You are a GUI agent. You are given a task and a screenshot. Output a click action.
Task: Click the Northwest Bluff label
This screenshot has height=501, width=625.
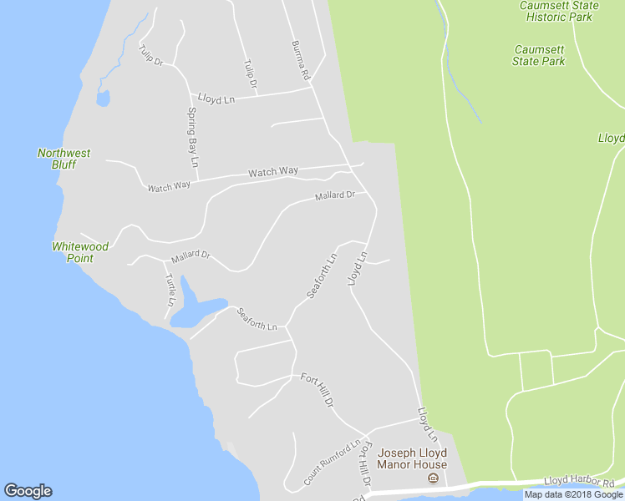click(x=64, y=159)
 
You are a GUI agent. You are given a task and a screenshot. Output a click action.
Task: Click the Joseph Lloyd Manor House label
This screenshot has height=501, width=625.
click(x=412, y=458)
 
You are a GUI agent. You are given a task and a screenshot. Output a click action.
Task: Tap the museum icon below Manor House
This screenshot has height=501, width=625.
click(x=433, y=478)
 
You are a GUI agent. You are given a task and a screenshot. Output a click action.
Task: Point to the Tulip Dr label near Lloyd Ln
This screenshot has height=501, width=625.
click(x=250, y=75)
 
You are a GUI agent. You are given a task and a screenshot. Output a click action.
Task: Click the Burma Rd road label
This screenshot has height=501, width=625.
click(x=301, y=60)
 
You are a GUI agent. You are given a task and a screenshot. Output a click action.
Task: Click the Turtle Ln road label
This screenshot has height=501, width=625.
click(x=170, y=289)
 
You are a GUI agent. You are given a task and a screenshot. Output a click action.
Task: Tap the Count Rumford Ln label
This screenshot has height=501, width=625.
click(x=332, y=463)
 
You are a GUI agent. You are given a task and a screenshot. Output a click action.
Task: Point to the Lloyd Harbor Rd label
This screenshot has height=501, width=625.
click(x=579, y=481)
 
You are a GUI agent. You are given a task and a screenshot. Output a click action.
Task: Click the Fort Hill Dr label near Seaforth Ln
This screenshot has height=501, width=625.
click(x=318, y=390)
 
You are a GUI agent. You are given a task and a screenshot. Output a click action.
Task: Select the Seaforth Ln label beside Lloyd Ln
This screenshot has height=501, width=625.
click(x=322, y=276)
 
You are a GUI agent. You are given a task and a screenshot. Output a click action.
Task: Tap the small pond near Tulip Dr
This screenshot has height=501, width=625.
click(x=103, y=99)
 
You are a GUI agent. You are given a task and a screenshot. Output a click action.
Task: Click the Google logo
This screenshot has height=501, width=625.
click(x=28, y=491)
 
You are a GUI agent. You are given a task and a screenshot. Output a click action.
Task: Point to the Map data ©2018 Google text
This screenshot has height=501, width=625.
click(x=573, y=494)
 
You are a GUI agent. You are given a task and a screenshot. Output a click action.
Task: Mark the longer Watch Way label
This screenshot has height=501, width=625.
click(x=273, y=172)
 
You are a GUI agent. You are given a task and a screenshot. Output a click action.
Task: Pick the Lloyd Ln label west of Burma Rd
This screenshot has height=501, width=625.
click(x=216, y=99)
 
